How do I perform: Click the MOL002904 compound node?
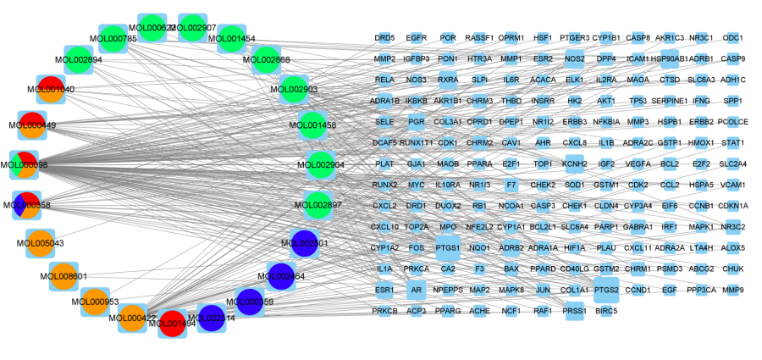321,165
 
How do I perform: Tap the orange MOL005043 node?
40,243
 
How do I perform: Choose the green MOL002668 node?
267,59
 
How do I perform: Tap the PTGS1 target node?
448,248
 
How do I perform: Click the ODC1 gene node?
733,38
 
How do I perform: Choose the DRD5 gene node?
384,38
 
